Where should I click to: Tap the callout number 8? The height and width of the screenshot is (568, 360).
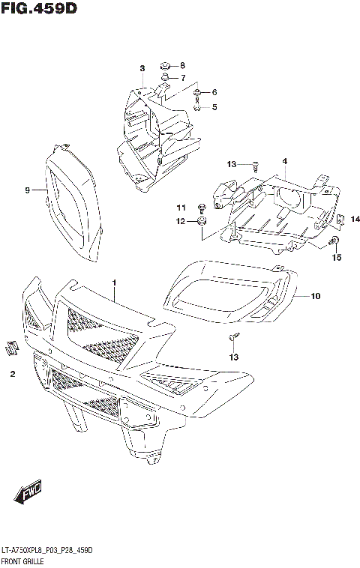tap(181, 65)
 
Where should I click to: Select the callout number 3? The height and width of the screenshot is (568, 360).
tap(141, 70)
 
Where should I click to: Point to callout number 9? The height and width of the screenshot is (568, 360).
tap(27, 190)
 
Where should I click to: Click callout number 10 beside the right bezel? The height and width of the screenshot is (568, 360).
tap(315, 296)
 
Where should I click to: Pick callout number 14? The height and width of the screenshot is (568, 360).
tap(355, 219)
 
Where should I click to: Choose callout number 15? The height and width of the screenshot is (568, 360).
tap(337, 258)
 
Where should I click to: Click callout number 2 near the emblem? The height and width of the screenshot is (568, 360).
tap(13, 372)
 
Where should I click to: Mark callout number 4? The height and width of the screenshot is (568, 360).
tap(285, 161)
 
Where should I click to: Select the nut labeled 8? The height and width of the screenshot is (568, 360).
tap(164, 65)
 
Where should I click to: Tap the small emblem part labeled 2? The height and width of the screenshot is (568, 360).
tap(11, 347)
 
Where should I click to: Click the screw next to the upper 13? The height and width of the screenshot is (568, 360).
tap(255, 165)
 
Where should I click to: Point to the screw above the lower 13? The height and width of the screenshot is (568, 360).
tap(234, 337)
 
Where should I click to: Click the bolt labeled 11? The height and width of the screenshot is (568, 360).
tap(201, 207)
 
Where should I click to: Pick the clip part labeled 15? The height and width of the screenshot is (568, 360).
tap(334, 241)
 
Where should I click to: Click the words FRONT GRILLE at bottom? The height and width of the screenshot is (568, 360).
tap(25, 561)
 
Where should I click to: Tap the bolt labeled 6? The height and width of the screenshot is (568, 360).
tap(197, 93)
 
